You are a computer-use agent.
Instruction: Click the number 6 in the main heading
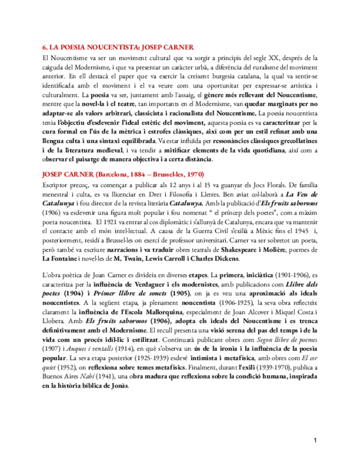(45, 48)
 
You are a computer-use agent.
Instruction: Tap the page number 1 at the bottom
(315, 440)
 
